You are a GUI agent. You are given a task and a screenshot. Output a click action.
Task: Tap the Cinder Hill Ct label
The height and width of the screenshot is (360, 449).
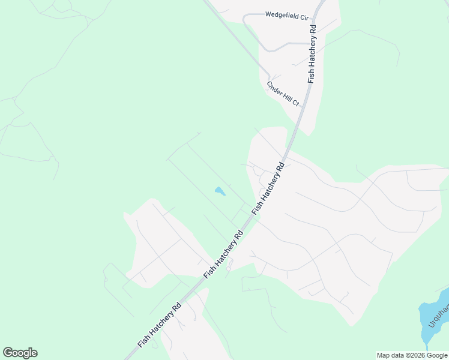(283, 94)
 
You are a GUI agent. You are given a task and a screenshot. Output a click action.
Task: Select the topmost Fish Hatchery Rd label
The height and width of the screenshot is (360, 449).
(312, 54)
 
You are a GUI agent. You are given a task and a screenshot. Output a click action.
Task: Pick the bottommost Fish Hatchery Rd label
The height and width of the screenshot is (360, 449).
(160, 325)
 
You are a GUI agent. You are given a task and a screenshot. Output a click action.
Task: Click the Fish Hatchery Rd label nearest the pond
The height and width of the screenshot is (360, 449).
(268, 188)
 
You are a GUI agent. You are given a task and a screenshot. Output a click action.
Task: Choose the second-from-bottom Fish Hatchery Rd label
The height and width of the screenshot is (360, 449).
(223, 253)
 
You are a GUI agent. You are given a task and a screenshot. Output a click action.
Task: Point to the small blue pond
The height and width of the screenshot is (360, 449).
(220, 191)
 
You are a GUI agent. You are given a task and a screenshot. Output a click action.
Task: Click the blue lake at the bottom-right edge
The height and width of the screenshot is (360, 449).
(433, 318)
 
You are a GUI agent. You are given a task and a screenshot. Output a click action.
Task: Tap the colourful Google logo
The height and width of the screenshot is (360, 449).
(20, 353)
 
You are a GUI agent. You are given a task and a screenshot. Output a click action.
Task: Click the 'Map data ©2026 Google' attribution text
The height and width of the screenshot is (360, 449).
(412, 355)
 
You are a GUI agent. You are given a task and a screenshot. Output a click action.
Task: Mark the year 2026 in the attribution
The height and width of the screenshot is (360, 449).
(415, 355)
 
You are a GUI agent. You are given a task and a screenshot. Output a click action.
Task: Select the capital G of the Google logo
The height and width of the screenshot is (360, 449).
(8, 353)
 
